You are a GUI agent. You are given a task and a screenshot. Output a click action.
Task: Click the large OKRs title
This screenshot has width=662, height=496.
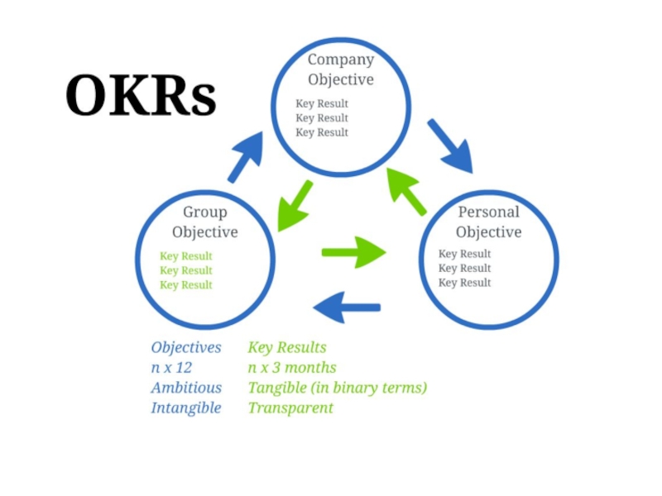(x=141, y=95)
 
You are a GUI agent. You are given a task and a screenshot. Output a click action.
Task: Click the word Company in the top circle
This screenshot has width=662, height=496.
(x=341, y=60)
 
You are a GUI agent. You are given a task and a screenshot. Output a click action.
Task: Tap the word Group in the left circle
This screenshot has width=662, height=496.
(x=204, y=212)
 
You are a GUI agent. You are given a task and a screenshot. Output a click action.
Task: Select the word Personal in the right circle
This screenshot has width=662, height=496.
(x=488, y=212)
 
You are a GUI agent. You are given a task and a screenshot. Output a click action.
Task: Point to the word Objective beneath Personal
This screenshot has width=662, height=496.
(x=488, y=232)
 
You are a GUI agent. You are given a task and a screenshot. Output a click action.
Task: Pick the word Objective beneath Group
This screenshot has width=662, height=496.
(x=204, y=232)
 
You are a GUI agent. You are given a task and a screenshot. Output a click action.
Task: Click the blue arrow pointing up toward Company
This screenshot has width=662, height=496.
(x=246, y=156)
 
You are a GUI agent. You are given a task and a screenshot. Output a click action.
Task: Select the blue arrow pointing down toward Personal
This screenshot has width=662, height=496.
(x=450, y=146)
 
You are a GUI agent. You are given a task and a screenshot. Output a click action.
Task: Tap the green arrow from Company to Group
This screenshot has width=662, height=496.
(x=295, y=206)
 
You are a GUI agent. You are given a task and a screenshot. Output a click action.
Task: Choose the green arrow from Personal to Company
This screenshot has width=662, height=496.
(x=406, y=192)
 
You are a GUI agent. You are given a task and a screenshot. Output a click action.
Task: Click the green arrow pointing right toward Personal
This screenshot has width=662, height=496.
(x=354, y=252)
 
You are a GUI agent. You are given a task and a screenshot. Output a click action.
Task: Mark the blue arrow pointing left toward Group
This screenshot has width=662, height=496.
(x=347, y=307)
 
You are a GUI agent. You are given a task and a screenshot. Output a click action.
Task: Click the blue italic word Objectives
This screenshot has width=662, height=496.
(x=186, y=347)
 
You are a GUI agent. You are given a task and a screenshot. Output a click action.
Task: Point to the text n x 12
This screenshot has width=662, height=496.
(x=171, y=367)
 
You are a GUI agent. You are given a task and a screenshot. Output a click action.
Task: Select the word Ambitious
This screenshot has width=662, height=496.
(x=186, y=388)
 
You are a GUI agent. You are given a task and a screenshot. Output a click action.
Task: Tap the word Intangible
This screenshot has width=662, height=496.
(x=186, y=408)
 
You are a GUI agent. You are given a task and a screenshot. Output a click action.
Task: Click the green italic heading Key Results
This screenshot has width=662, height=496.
(x=287, y=347)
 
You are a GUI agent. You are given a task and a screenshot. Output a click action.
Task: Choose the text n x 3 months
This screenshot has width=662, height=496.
(x=292, y=367)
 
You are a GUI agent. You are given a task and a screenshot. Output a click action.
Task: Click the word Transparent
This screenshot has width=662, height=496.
(x=290, y=408)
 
